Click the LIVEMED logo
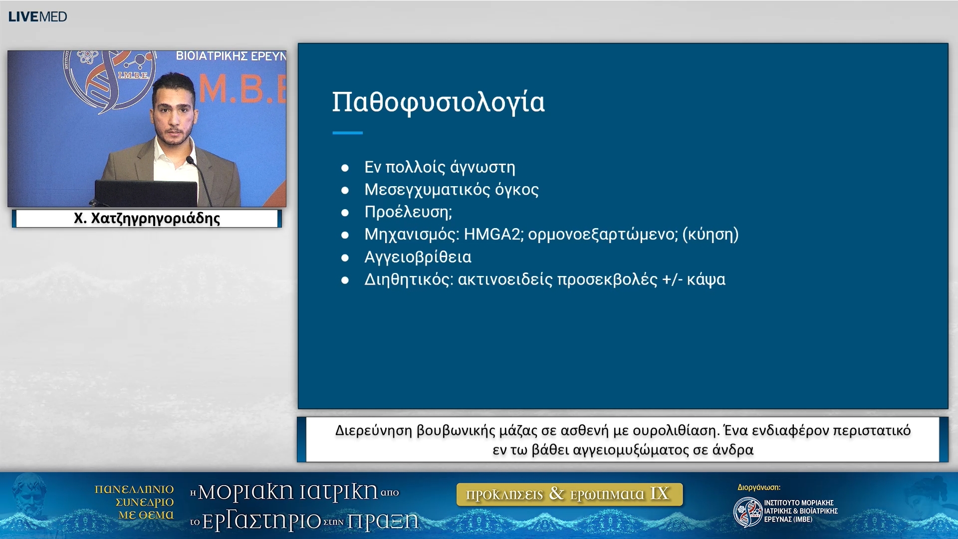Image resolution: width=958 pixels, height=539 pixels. pyautogui.click(x=37, y=16)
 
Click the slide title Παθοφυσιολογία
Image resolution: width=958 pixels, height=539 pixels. pyautogui.click(x=438, y=102)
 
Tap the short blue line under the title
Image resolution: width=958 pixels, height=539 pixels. pyautogui.click(x=347, y=133)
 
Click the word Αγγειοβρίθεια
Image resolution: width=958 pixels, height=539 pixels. pyautogui.click(x=418, y=257)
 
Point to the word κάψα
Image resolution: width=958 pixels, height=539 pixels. pyautogui.click(x=706, y=279)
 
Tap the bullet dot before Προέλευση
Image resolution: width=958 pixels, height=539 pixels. pyautogui.click(x=345, y=213)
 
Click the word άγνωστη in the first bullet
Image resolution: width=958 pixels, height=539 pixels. pyautogui.click(x=482, y=167)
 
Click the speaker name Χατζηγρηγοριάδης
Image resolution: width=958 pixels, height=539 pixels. pyautogui.click(x=155, y=219)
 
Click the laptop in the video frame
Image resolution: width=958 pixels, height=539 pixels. pyautogui.click(x=146, y=193)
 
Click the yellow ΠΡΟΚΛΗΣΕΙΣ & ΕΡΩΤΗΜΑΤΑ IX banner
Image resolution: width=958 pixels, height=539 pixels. pyautogui.click(x=569, y=494)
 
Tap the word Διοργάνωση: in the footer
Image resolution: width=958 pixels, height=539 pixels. pyautogui.click(x=758, y=488)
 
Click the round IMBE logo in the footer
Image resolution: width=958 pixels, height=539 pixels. pyautogui.click(x=747, y=512)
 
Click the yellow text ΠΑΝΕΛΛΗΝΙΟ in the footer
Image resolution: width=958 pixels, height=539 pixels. pyautogui.click(x=134, y=490)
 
